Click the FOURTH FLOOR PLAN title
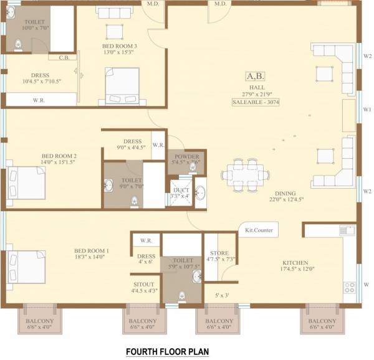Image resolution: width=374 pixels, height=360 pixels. pyautogui.click(x=167, y=352)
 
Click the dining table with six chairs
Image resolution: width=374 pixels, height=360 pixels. pyautogui.click(x=243, y=171)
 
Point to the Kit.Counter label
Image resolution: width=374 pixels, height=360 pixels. pyautogui.click(x=258, y=230)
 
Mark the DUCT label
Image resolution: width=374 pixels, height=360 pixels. pyautogui.click(x=181, y=190)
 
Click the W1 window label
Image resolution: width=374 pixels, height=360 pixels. pyautogui.click(x=367, y=108)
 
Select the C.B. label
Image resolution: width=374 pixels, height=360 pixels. pyautogui.click(x=64, y=59)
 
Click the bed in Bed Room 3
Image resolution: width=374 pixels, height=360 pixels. pyautogui.click(x=122, y=86)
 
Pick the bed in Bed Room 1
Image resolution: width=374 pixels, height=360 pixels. pyautogui.click(x=27, y=265)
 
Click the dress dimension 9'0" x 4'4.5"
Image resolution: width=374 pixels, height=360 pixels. pyautogui.click(x=131, y=148)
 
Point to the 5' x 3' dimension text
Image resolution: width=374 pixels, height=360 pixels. pyautogui.click(x=222, y=295)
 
